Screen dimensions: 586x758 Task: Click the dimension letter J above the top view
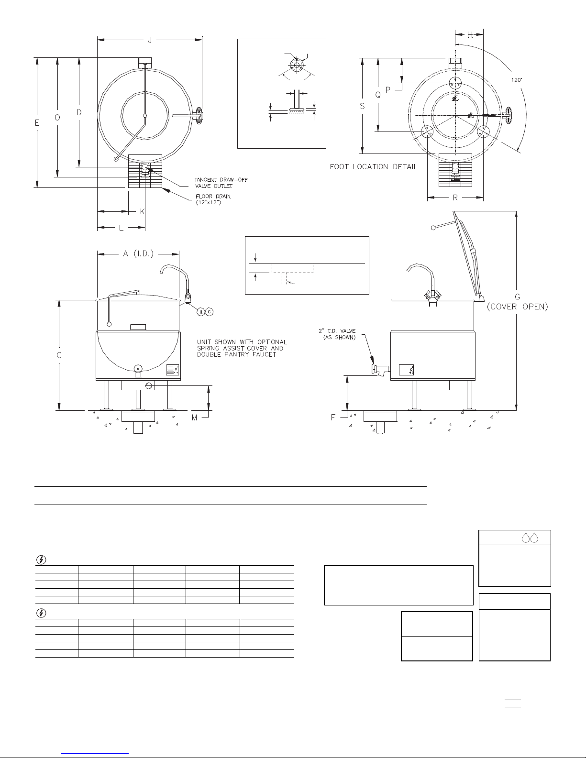tap(150, 41)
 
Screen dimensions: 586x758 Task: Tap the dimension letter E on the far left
tap(37, 123)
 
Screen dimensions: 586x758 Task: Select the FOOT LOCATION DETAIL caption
tap(374, 167)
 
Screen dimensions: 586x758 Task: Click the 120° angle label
tap(517, 80)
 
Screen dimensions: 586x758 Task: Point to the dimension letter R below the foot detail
tap(455, 198)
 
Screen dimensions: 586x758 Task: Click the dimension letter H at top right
tap(470, 34)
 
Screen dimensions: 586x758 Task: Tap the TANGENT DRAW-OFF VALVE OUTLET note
tap(221, 183)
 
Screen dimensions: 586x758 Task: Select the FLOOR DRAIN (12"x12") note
tap(213, 199)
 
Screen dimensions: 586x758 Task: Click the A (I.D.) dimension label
tap(138, 253)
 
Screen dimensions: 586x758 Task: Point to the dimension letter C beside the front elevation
tap(59, 355)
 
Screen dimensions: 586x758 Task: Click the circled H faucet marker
tap(201, 312)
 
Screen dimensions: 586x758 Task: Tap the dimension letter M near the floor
tap(195, 417)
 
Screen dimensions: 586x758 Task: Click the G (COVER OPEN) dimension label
tap(517, 302)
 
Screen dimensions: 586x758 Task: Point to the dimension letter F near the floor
tap(333, 417)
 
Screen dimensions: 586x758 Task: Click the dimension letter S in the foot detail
tap(363, 106)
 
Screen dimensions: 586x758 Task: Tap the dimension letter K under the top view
tap(142, 212)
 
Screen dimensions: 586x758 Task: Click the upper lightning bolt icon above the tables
tap(41, 560)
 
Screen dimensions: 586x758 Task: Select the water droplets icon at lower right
tap(530, 538)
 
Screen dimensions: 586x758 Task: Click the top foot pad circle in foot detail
tap(455, 83)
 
